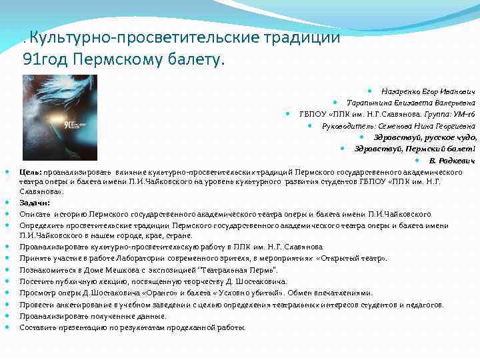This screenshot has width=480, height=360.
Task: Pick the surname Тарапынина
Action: pos(369,102)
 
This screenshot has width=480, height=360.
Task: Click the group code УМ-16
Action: pos(463,113)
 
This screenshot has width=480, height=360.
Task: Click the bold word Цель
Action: pos(31,172)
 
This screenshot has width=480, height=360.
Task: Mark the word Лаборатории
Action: pos(163,259)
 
